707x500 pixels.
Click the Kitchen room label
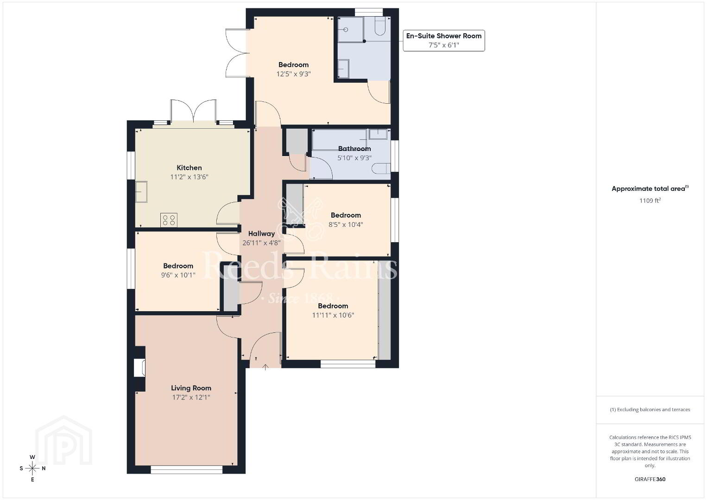[189, 168]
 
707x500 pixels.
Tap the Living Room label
[191, 388]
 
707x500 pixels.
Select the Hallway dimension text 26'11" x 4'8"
[261, 243]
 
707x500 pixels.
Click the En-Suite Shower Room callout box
[444, 40]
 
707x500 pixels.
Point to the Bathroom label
[354, 149]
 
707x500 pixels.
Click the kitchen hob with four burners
[169, 220]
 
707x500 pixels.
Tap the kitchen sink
[141, 192]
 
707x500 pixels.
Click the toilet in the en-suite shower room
[380, 26]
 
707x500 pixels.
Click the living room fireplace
[140, 368]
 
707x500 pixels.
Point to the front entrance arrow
[265, 367]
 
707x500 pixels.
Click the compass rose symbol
[32, 469]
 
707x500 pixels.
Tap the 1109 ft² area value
[650, 200]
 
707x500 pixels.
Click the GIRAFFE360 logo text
[650, 479]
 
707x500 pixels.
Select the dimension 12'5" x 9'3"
[294, 74]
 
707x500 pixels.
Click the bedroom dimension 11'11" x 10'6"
[333, 315]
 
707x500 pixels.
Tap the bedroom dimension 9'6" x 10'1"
[178, 275]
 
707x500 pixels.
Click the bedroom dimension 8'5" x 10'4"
[346, 225]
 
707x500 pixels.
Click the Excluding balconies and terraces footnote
[650, 409]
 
